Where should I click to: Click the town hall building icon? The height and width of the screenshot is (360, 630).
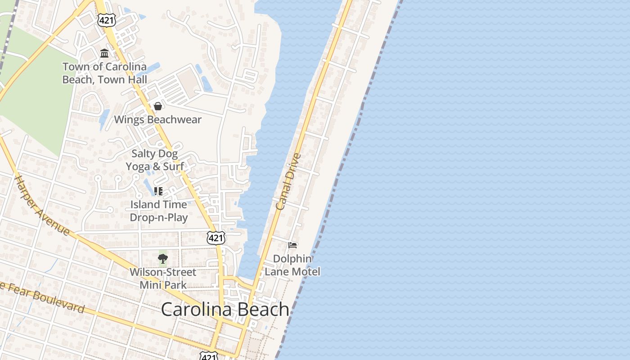pos(104,53)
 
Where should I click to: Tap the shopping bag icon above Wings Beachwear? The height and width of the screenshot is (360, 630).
pos(158,106)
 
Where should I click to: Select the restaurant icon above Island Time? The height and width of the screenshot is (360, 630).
pos(158,191)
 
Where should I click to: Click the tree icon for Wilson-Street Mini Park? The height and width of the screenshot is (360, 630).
pos(162,259)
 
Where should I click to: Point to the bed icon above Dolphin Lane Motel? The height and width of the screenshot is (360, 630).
pos(292,245)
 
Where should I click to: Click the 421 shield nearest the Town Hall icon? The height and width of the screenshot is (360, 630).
pos(108,19)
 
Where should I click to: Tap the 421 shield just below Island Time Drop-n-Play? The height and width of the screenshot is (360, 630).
pos(216,238)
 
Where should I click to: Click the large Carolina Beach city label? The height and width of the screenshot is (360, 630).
pos(225,309)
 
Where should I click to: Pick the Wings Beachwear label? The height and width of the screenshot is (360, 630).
pos(157,120)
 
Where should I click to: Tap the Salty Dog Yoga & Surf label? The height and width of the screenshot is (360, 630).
pos(155,160)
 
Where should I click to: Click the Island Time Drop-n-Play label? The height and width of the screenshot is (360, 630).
pos(158,211)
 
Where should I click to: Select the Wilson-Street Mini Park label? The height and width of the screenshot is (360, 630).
pos(163,279)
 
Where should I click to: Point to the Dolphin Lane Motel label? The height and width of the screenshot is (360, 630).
pos(292,265)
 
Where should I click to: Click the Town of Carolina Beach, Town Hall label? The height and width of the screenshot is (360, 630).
pos(104,73)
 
